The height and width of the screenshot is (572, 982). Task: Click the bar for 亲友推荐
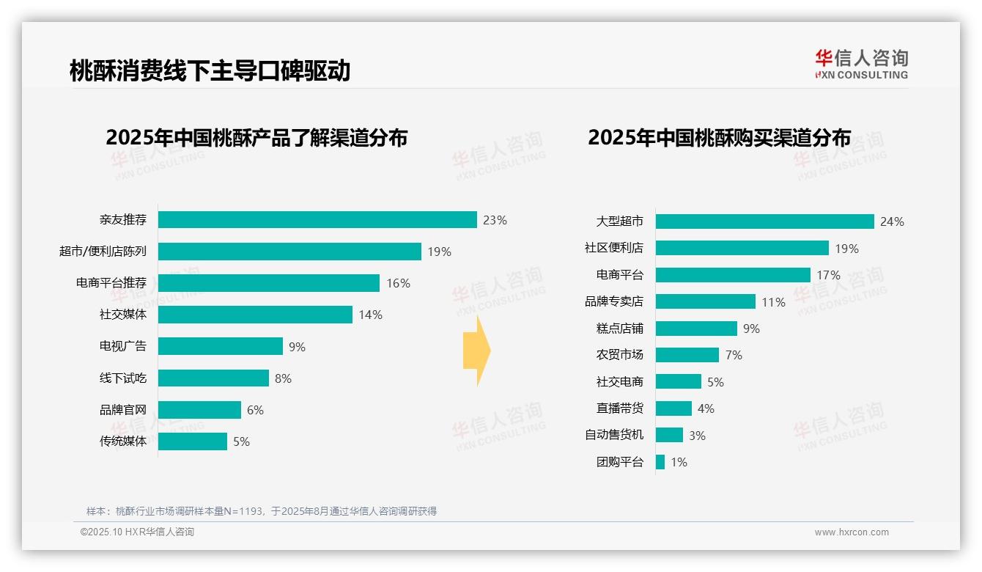coord(317,220)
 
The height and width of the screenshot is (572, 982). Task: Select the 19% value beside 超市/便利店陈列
coord(440,252)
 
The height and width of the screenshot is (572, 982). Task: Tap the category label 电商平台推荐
coord(111,283)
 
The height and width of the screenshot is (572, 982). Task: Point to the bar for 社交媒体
coord(255,315)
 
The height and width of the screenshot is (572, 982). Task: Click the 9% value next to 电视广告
coord(297,347)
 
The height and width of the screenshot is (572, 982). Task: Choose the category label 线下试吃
coord(123,378)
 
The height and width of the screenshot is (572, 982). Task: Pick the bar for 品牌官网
coord(199,410)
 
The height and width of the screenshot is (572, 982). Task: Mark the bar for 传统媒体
coord(193,441)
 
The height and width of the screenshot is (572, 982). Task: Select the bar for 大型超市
coord(764,221)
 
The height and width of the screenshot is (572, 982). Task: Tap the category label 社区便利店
coord(614,248)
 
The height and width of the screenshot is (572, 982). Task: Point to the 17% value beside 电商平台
coord(828,276)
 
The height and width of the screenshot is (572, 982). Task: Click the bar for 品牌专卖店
coord(705,301)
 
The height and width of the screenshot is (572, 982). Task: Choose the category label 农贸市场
coord(620,355)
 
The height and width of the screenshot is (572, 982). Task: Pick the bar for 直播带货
coord(673,408)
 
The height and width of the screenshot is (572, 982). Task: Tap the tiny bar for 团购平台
coord(660,462)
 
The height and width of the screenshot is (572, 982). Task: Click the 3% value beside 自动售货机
coord(697,436)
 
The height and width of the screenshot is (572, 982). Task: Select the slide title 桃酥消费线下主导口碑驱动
coord(210,70)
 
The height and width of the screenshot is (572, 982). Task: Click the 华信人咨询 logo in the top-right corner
coord(861,64)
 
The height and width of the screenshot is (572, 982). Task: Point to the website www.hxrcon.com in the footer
coord(852,532)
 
